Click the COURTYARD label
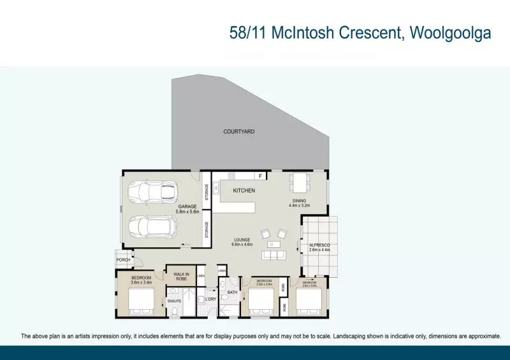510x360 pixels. (239, 132)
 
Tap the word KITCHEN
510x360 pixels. (244, 191)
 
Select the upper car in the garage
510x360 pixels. (150, 191)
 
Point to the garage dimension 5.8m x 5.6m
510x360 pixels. (189, 212)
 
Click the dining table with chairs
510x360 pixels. (299, 183)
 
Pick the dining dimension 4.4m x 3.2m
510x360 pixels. (299, 206)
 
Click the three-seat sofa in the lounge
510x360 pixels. (273, 256)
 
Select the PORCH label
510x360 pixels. (123, 259)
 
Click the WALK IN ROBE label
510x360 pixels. (180, 277)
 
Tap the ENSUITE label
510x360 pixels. (174, 301)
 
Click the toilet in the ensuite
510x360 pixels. (174, 312)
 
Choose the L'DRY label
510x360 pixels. (210, 299)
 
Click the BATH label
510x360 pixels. (233, 293)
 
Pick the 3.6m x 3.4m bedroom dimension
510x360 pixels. (141, 283)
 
